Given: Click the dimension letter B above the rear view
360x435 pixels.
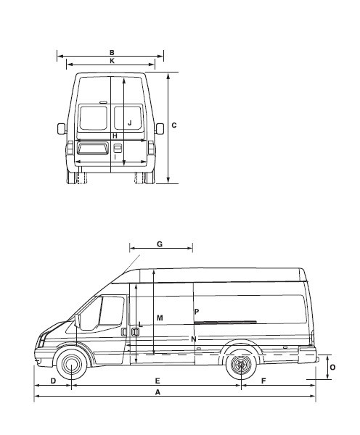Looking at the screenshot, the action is click(112, 53).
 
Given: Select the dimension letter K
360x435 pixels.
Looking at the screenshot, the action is click(112, 61).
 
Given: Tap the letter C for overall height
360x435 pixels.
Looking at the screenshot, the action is click(174, 125).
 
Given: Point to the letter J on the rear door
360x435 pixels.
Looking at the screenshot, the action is click(130, 123).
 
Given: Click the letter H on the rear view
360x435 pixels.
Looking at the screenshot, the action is click(115, 136).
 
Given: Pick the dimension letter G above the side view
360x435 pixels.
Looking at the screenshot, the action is click(160, 244).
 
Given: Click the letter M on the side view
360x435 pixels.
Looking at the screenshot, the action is click(160, 318).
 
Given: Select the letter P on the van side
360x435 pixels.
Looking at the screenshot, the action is click(197, 312).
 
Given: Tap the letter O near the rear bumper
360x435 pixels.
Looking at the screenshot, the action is click(332, 368).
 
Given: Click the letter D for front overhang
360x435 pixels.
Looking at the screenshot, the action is click(53, 381).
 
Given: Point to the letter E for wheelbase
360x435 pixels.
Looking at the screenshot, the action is click(157, 381).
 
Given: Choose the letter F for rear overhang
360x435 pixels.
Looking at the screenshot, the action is click(263, 381).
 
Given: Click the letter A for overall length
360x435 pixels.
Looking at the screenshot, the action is click(157, 392).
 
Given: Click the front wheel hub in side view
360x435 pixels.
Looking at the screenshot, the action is click(71, 364).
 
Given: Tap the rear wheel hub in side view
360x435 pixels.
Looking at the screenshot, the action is click(241, 365).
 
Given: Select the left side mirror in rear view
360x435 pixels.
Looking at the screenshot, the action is click(62, 129).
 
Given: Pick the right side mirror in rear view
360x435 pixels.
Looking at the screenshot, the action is click(160, 129).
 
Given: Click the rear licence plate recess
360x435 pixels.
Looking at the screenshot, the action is click(93, 148).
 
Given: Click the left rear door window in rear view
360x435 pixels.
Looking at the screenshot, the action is click(94, 117).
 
